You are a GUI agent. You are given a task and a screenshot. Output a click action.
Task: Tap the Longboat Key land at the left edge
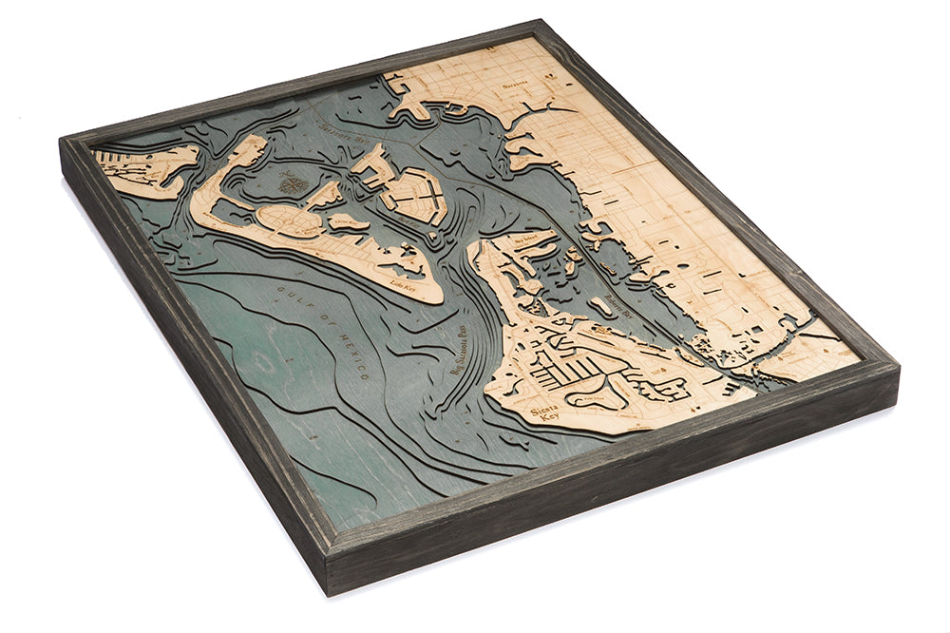[x=142, y=171]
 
